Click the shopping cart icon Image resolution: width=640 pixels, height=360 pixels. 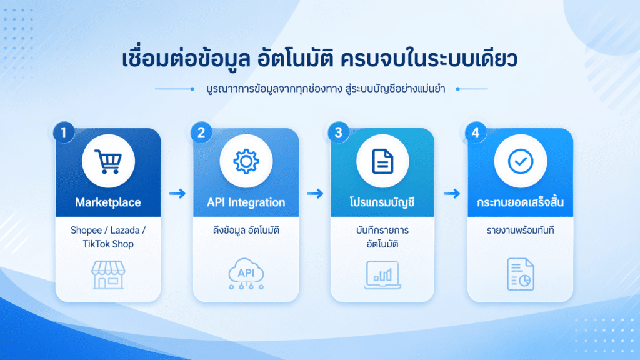pyautogui.click(x=108, y=161)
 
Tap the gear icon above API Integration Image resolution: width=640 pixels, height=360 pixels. pyautogui.click(x=246, y=161)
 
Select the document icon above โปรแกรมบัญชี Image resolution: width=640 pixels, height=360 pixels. pyautogui.click(x=382, y=161)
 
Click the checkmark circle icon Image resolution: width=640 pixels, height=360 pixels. pyautogui.click(x=521, y=161)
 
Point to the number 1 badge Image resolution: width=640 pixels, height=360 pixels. pyautogui.click(x=64, y=132)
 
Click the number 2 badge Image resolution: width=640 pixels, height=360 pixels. pyautogui.click(x=201, y=132)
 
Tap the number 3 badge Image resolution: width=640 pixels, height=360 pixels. pyautogui.click(x=338, y=132)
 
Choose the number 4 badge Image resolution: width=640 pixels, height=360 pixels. pyautogui.click(x=476, y=132)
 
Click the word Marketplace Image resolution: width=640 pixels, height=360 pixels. pyautogui.click(x=108, y=202)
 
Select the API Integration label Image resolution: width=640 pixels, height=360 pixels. pyautogui.click(x=246, y=202)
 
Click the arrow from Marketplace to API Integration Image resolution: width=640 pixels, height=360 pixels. pyautogui.click(x=177, y=194)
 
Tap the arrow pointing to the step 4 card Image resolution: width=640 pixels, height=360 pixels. pyautogui.click(x=452, y=194)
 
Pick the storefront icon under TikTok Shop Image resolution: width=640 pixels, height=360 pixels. pyautogui.click(x=108, y=275)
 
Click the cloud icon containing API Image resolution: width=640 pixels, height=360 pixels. pyautogui.click(x=246, y=274)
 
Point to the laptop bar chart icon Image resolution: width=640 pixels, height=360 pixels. pyautogui.click(x=382, y=275)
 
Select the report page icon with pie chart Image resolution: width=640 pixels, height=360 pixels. pyautogui.click(x=521, y=274)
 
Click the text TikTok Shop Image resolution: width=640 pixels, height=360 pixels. pyautogui.click(x=108, y=244)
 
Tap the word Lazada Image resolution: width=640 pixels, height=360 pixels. pyautogui.click(x=125, y=230)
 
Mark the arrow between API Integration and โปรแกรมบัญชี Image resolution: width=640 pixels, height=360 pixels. pyautogui.click(x=315, y=194)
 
